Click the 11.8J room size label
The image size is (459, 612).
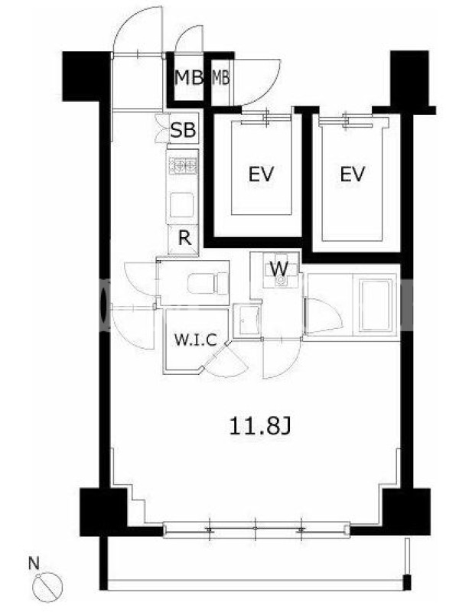pos(260,426)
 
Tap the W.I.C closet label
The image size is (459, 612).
pos(195,340)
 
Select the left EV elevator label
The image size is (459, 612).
pos(261,174)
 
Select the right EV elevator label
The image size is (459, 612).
pos(353,174)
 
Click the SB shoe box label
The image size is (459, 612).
pos(183,129)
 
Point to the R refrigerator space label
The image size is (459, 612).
pos(185,238)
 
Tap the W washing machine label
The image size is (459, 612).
pos(279,269)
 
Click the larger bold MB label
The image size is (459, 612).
pos(188,78)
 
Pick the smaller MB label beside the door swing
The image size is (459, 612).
pos(220,78)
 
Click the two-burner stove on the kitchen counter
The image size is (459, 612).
pos(183,165)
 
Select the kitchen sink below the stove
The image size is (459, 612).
pos(182,204)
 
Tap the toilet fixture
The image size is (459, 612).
pos(207,283)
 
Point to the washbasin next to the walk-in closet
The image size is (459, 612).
pos(246,321)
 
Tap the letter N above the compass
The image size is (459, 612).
pos(34,563)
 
